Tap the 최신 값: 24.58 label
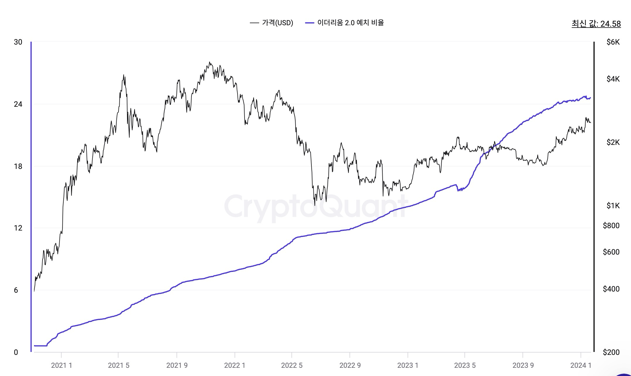point(596,24)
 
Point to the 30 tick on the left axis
point(18,42)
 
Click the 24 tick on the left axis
point(18,104)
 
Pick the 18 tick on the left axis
point(18,167)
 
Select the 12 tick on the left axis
point(18,228)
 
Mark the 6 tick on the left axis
point(16,290)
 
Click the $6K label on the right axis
point(613,42)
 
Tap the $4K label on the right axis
point(613,79)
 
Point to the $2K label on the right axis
point(613,143)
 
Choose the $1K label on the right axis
point(613,206)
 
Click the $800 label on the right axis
point(611,226)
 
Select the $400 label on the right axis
point(611,289)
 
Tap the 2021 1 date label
point(61,365)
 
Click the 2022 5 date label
point(292,365)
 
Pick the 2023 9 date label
point(523,365)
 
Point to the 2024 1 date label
point(581,365)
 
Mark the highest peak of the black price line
point(209,62)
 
